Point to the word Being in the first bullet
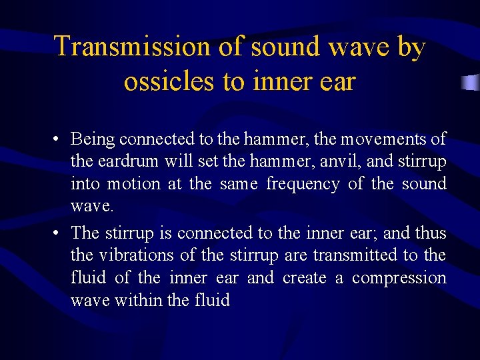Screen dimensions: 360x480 coord(92,139)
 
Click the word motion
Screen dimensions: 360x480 coord(133,184)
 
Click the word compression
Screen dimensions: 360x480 coord(399,277)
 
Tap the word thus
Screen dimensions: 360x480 coord(431,232)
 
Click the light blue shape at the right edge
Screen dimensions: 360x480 coord(471,83)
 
